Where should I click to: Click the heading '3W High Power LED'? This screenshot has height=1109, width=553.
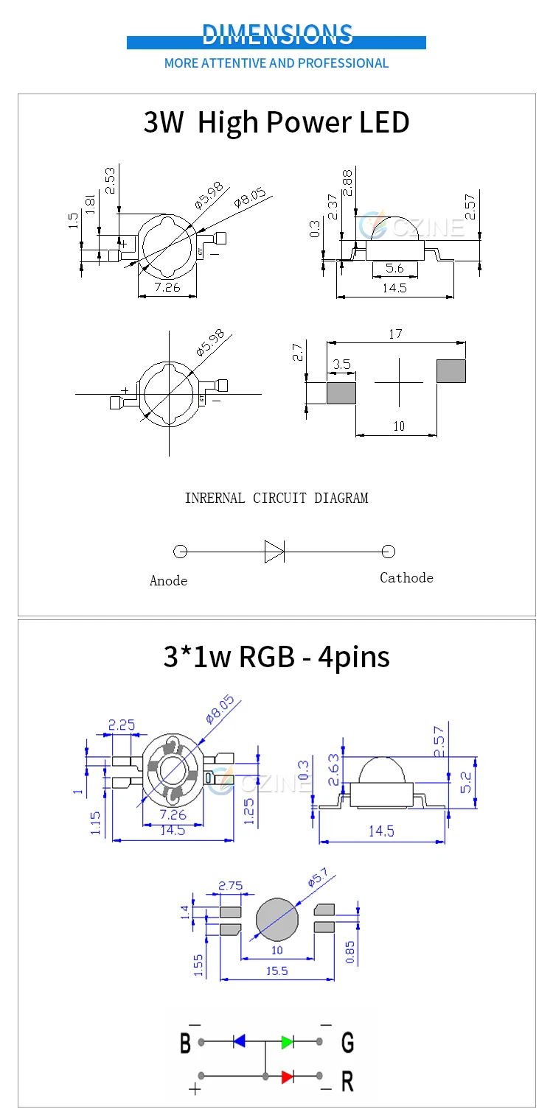[276, 122]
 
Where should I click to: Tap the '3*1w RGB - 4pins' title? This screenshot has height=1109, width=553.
[276, 655]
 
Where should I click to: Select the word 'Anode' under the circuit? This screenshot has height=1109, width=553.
[168, 581]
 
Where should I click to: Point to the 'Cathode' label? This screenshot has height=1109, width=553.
[406, 578]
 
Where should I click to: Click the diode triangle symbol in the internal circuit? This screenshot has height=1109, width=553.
[274, 551]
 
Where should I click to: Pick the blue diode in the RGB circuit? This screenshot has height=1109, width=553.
[239, 1041]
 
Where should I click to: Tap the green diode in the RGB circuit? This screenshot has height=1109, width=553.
[288, 1041]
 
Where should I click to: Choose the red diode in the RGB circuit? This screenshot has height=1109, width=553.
[288, 1077]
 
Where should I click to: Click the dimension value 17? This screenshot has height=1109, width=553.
[395, 334]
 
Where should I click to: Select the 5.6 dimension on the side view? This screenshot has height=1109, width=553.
[394, 269]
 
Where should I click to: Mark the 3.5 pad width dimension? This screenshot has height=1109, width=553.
[341, 364]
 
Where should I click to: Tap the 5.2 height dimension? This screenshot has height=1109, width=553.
[467, 781]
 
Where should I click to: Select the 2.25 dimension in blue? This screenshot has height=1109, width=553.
[122, 725]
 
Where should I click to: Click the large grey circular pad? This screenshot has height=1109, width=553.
[277, 919]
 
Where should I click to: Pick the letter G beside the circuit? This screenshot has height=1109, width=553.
[347, 1043]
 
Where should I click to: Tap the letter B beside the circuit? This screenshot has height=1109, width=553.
[186, 1043]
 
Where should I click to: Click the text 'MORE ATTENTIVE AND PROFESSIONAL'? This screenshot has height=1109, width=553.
[276, 63]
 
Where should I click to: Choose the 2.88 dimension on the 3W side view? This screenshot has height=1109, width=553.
[347, 182]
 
